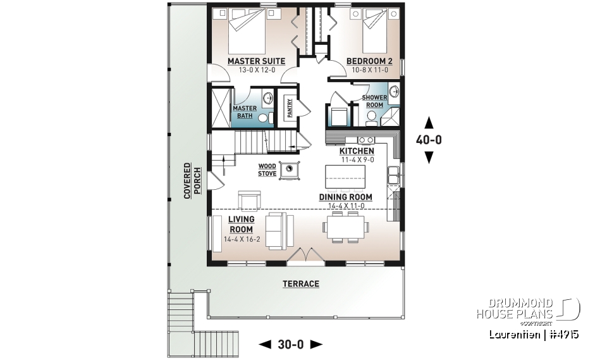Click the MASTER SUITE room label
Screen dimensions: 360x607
click(256, 61)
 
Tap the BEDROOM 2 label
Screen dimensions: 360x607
click(369, 61)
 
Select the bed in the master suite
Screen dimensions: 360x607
click(247, 31)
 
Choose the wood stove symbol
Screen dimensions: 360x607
click(290, 170)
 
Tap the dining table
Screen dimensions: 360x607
click(345, 226)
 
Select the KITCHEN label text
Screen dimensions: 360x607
click(357, 151)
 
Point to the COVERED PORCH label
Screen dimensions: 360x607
click(187, 183)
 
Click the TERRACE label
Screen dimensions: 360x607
click(301, 284)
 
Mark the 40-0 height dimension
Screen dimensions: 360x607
click(429, 140)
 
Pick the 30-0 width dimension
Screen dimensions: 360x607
click(291, 345)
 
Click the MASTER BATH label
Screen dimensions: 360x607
click(245, 112)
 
